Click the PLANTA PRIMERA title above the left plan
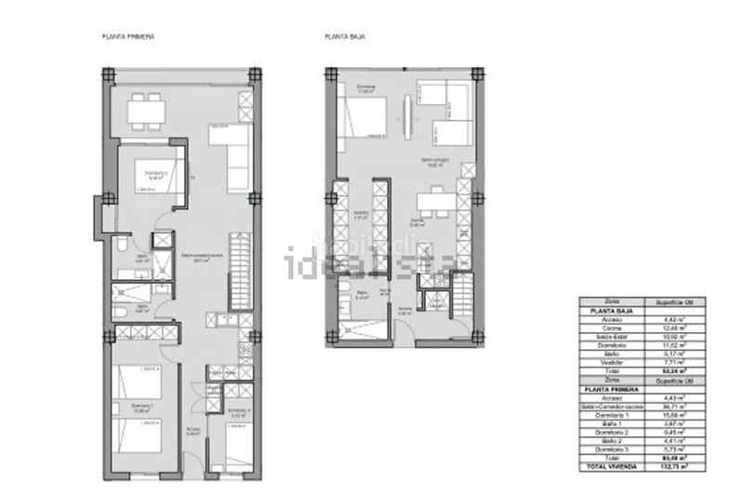[127, 36]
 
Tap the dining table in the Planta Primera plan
[146, 110]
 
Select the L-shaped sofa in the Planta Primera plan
[232, 149]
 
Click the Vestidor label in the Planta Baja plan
[362, 211]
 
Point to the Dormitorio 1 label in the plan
[140, 406]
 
